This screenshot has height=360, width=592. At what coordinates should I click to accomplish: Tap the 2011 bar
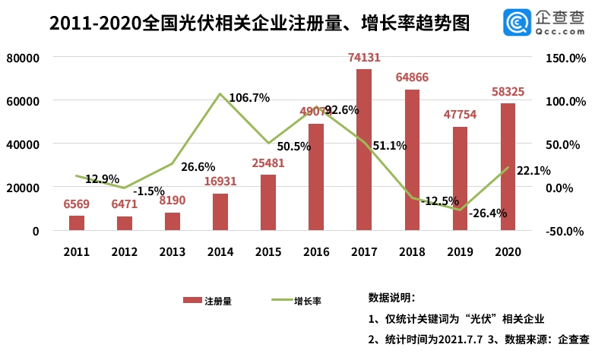77,222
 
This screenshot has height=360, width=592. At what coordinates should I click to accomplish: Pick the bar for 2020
508,166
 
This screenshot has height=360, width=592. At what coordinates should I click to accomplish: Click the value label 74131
364,57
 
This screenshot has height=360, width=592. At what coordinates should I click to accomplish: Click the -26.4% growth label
487,213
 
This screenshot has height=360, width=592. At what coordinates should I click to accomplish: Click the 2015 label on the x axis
268,251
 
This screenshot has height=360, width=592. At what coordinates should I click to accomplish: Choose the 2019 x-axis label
460,251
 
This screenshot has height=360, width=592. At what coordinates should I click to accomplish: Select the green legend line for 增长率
282,301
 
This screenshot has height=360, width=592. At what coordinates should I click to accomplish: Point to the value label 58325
508,91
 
